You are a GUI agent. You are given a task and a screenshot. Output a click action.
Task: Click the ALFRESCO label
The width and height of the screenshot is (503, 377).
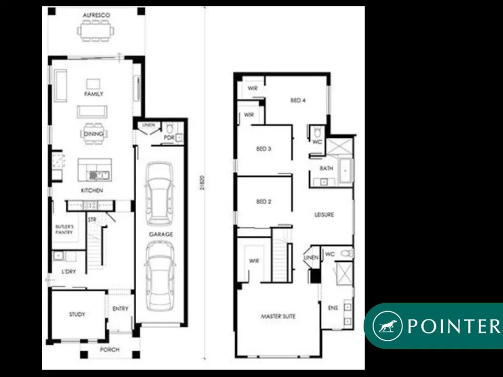coord(96,16)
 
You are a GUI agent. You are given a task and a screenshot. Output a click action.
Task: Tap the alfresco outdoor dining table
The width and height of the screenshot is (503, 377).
coord(96,32)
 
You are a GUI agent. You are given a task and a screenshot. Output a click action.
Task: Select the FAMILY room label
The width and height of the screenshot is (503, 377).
coord(94,94)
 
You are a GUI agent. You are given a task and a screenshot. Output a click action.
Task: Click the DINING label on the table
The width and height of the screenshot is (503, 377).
coord(93,135)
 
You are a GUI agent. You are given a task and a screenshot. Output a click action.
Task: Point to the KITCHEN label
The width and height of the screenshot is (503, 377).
coord(92,191)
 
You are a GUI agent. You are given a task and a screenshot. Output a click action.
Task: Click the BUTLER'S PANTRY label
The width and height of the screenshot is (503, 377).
coord(64,229)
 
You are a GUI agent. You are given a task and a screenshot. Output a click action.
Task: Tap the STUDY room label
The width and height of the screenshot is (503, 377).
coord(77,315)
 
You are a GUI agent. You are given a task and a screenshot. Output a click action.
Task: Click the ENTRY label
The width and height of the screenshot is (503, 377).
coord(120,309)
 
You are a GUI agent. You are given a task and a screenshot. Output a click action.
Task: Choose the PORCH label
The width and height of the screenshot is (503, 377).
coord(110,349)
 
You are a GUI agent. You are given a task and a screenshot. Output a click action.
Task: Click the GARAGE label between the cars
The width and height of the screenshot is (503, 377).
coord(160,235)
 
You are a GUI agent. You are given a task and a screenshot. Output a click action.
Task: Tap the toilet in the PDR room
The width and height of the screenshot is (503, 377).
coord(169,129)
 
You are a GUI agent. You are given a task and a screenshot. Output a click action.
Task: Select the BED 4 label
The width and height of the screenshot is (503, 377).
coord(298,101)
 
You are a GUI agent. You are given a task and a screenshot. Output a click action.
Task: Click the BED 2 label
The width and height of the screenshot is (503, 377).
coord(264,202)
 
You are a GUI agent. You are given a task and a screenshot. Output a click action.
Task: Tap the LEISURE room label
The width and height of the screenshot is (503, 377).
coord(324,215)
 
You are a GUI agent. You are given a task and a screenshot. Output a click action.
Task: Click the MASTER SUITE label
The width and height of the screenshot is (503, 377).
coord(278,316)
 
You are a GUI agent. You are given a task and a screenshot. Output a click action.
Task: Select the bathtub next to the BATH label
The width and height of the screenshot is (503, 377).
coord(345,171)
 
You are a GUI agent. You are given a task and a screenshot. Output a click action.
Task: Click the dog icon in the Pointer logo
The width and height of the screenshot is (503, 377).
coord(387,326)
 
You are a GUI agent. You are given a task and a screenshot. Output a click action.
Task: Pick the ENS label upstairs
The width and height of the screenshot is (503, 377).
coord(333,308)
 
